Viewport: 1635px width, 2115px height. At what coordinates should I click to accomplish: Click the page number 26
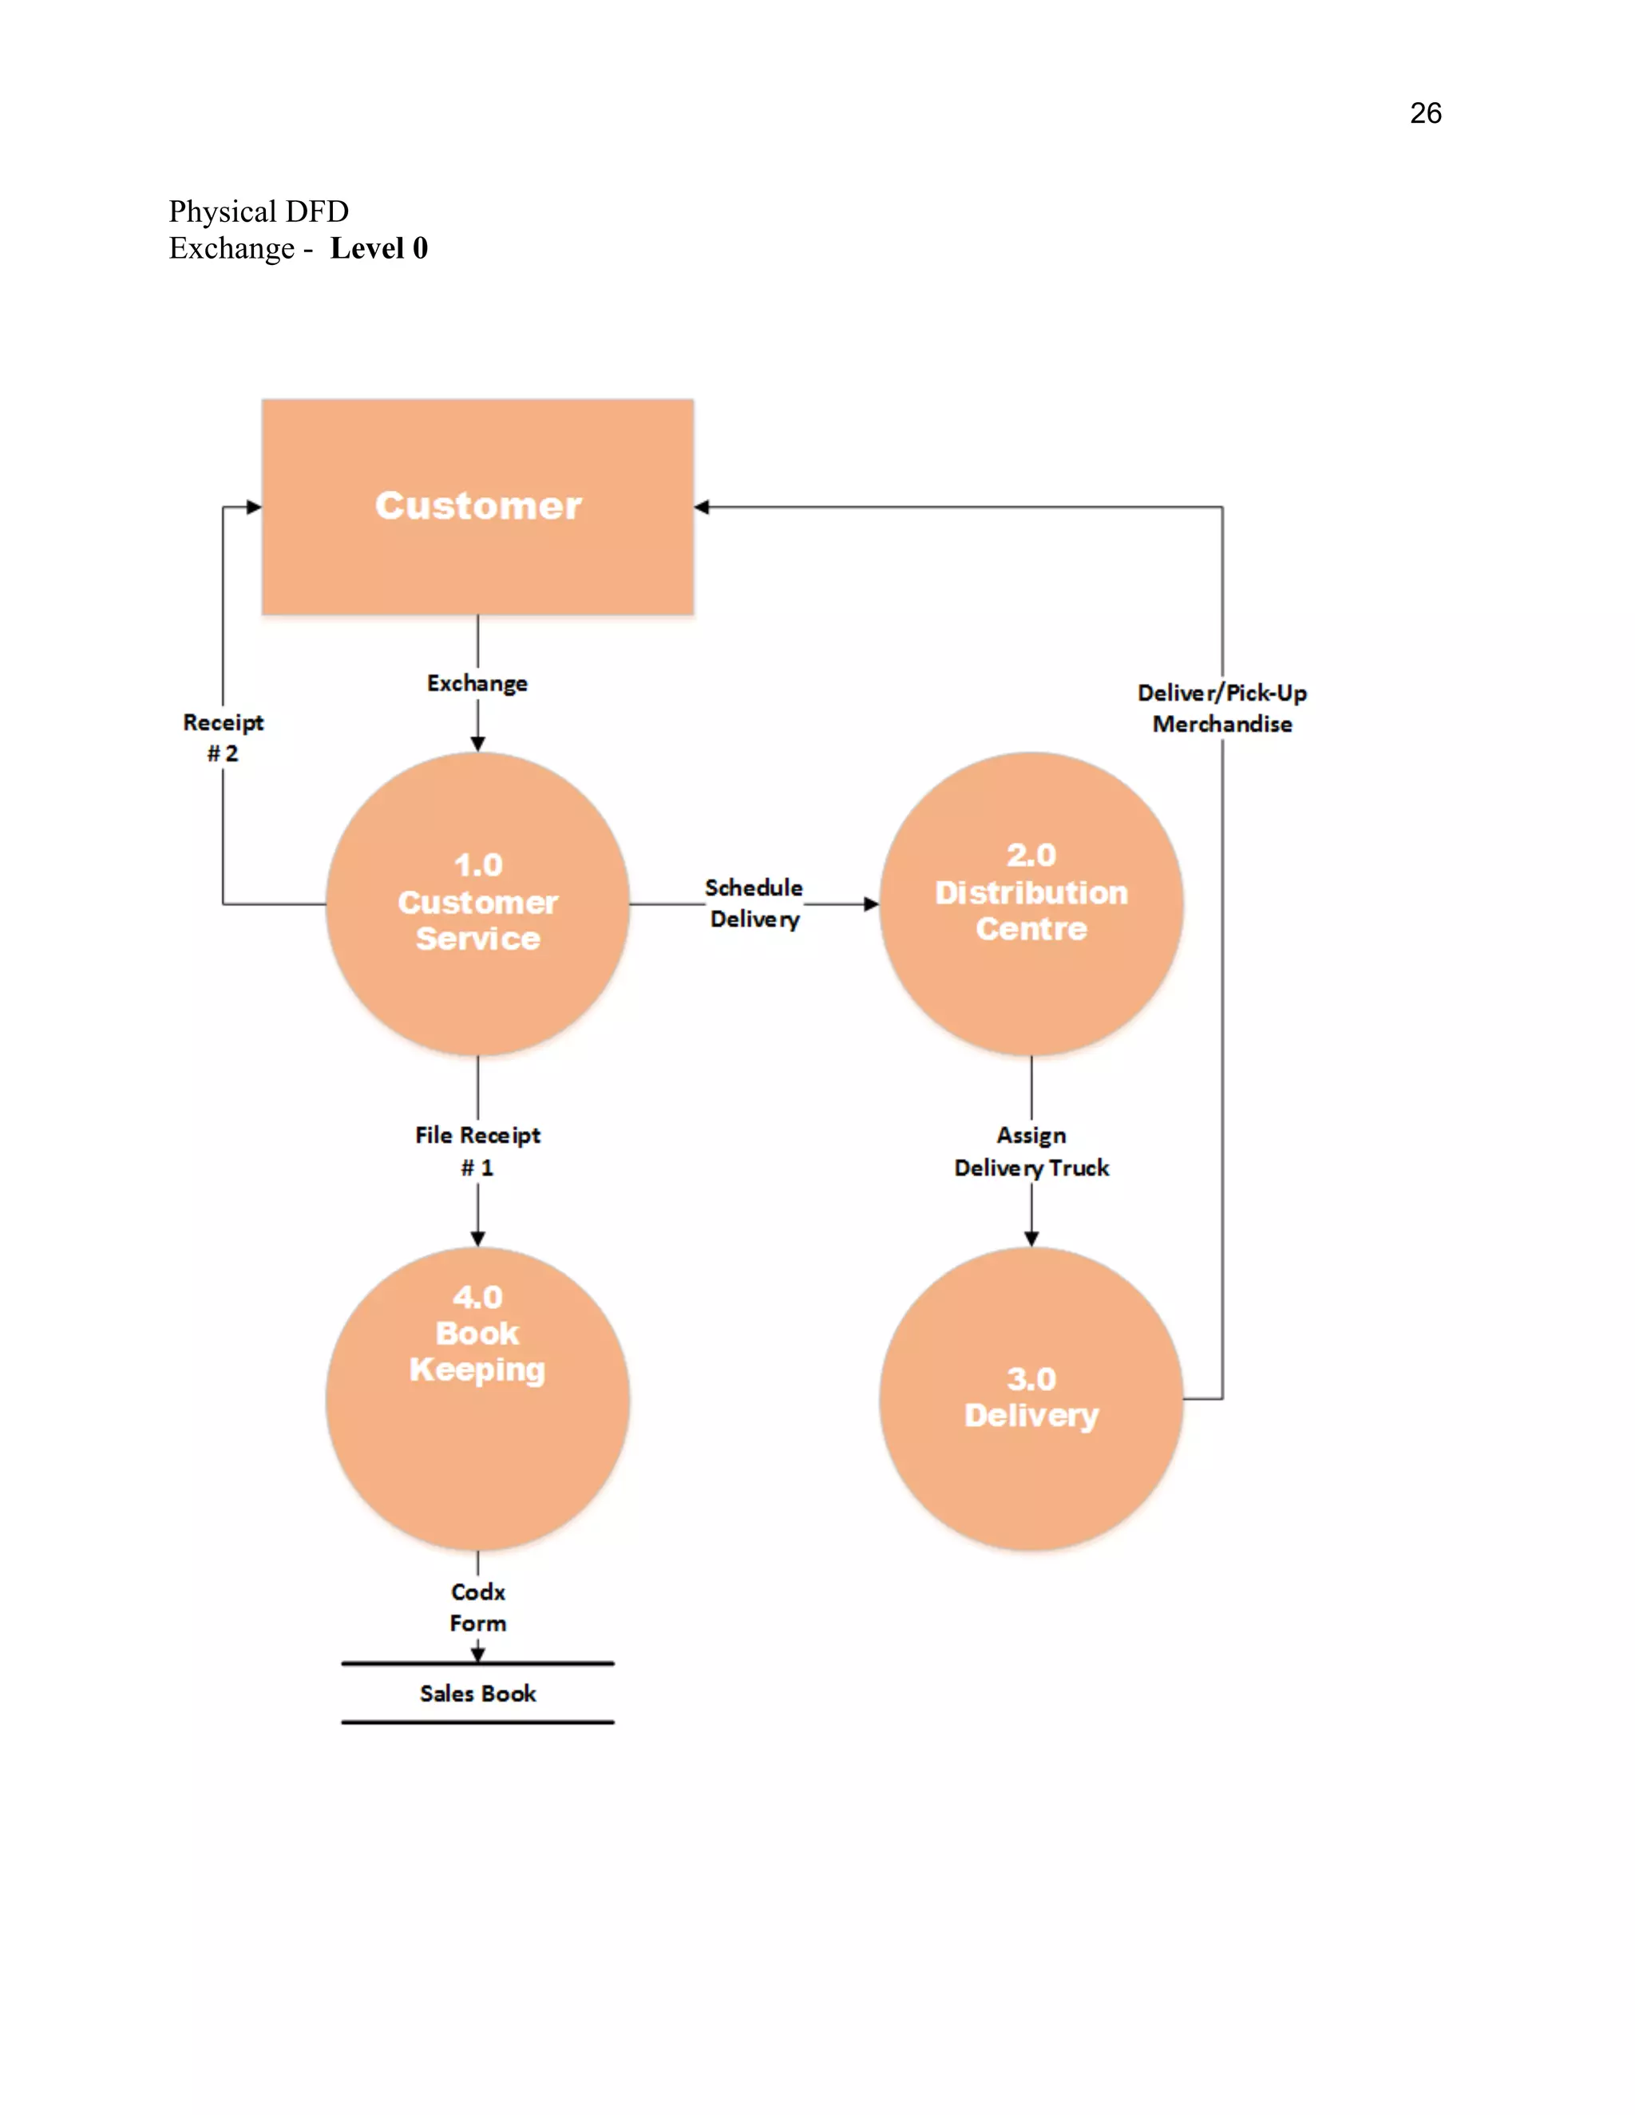tap(1425, 113)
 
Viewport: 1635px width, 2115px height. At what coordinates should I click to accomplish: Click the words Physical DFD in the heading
tap(259, 211)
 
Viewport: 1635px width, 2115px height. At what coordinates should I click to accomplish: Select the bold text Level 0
tap(378, 249)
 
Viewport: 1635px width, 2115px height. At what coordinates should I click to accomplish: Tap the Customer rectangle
tap(477, 507)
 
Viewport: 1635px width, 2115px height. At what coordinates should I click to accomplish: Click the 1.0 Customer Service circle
tap(477, 903)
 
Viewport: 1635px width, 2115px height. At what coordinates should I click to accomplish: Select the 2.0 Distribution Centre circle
tap(1031, 903)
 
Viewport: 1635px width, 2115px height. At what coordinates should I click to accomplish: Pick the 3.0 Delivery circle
tap(1031, 1398)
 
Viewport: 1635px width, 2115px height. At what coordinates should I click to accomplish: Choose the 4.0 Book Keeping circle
tap(477, 1398)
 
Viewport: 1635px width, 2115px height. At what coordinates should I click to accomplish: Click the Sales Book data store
tap(477, 1694)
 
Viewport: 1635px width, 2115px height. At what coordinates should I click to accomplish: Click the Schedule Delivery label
tap(754, 903)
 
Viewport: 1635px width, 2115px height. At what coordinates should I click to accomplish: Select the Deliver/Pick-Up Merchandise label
tap(1221, 709)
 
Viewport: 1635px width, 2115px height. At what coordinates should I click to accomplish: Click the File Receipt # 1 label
tap(477, 1150)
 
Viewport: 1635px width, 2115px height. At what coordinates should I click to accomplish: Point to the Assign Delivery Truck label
tap(1031, 1152)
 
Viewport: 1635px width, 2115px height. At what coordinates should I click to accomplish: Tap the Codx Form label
tap(477, 1607)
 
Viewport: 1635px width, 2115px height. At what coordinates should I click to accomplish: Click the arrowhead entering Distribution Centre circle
tap(871, 903)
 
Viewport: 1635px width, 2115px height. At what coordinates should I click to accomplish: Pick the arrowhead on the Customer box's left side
tap(254, 507)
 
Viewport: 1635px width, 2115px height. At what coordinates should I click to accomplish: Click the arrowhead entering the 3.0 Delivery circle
tap(1031, 1239)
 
